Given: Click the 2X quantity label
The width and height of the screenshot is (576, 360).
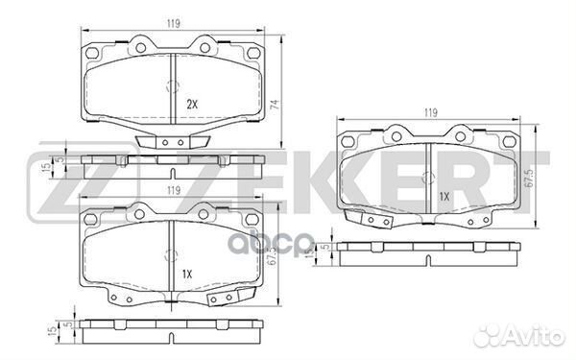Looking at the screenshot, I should (x=192, y=103).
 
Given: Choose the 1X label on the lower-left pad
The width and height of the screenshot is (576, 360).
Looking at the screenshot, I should (x=187, y=275).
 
